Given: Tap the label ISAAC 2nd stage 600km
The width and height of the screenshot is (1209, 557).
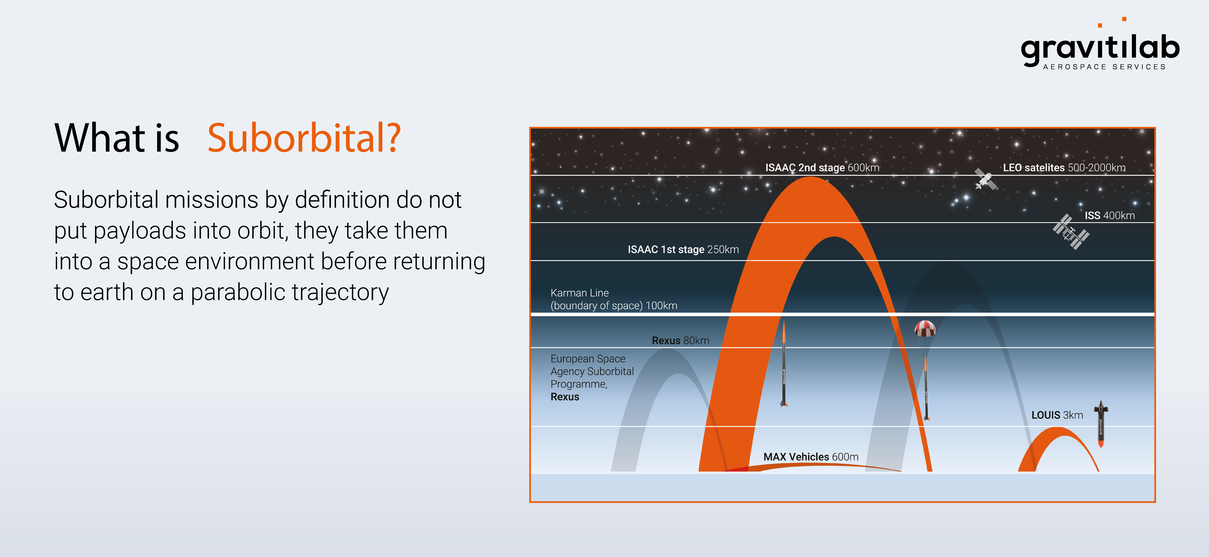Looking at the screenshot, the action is (822, 167).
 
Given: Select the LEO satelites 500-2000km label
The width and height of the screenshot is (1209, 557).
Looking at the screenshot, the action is (1064, 167).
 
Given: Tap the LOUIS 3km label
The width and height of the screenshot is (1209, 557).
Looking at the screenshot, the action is (1057, 415).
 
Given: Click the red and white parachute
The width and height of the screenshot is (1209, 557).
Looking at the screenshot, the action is (925, 328).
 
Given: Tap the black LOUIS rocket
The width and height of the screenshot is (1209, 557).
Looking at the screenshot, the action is (1100, 424).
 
